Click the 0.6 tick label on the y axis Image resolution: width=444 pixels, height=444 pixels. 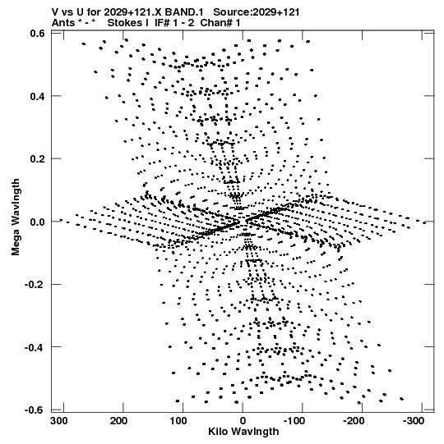(x=38, y=33)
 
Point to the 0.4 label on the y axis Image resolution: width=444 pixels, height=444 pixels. (x=38, y=96)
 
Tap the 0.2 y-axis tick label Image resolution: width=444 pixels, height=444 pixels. (x=38, y=159)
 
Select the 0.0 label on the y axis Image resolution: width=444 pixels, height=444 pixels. (x=38, y=222)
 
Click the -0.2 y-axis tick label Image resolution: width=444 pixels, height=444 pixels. (x=35, y=284)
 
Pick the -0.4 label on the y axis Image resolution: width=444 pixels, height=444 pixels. (x=35, y=347)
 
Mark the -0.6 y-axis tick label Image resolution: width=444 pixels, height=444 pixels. (x=35, y=410)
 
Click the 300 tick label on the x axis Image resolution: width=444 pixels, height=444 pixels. (x=59, y=421)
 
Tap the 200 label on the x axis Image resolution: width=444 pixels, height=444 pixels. (x=119, y=421)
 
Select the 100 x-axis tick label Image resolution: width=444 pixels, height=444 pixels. (x=178, y=421)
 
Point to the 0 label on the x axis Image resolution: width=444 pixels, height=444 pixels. (x=243, y=421)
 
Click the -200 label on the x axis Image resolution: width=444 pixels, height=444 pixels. (x=354, y=421)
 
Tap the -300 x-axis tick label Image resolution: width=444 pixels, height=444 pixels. (x=414, y=421)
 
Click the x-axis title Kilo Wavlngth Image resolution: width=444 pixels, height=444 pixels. (x=243, y=432)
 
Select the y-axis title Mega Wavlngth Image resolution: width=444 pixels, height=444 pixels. (x=16, y=217)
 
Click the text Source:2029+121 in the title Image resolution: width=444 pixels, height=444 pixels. (x=257, y=12)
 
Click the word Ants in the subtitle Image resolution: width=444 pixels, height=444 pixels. (x=63, y=23)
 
